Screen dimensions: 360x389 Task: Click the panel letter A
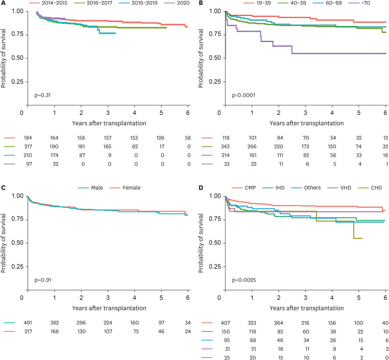click(3, 4)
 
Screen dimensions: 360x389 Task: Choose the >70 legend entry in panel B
click(360, 4)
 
